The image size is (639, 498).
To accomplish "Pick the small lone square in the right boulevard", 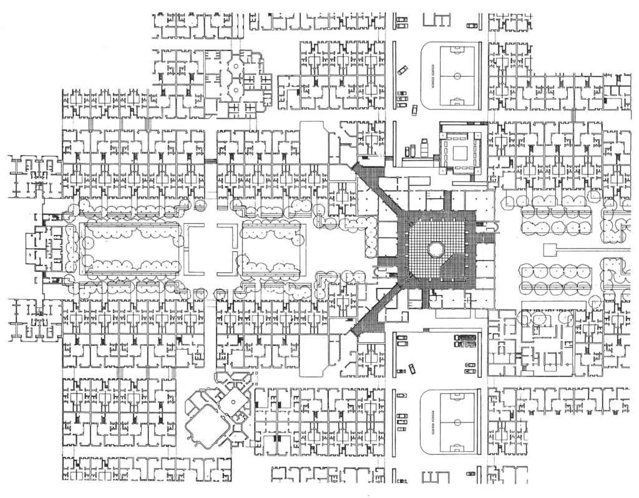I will pos(550,250).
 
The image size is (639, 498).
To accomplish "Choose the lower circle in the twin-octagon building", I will pos(236,91).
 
